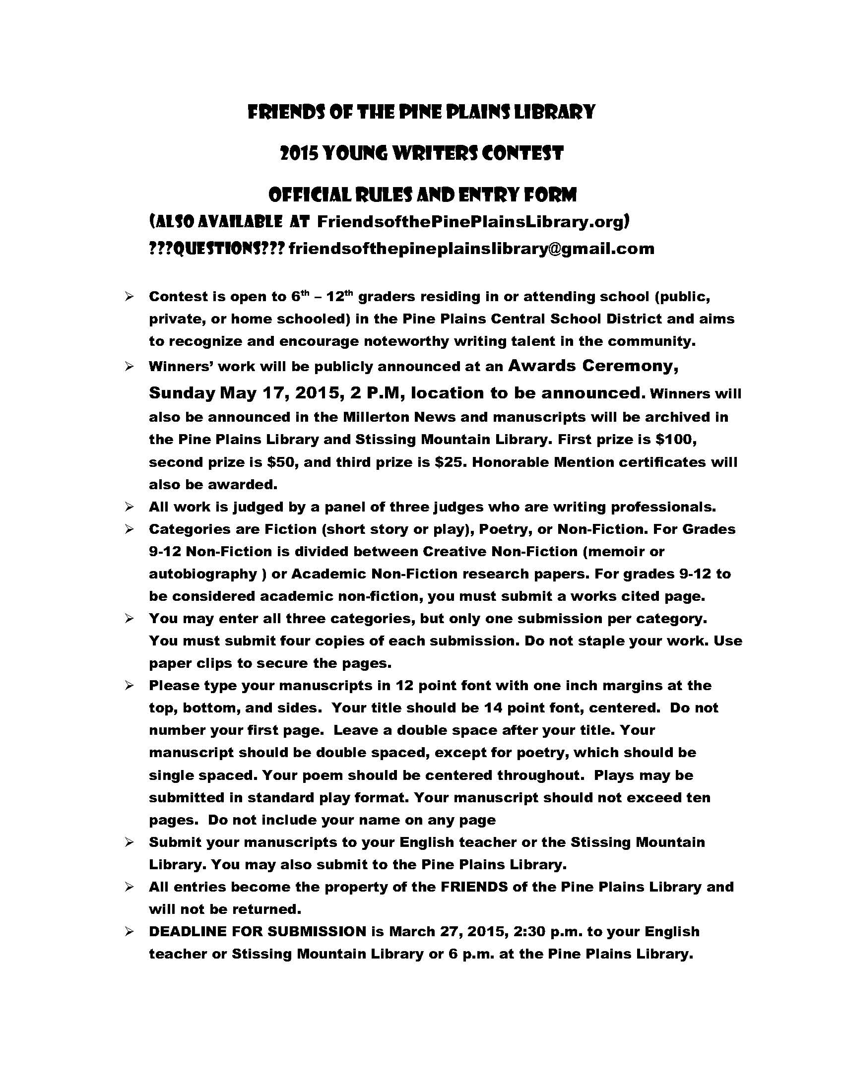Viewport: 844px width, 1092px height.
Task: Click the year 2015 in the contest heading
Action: (299, 153)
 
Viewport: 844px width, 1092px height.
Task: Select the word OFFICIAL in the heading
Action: (303, 194)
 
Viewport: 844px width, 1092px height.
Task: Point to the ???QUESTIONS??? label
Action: (216, 249)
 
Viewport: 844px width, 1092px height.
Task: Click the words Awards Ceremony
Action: (593, 366)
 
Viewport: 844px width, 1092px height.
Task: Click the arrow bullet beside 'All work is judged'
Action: (130, 507)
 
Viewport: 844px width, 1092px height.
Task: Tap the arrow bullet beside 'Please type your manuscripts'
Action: (130, 686)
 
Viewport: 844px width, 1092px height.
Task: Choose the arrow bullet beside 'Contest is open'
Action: (130, 297)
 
